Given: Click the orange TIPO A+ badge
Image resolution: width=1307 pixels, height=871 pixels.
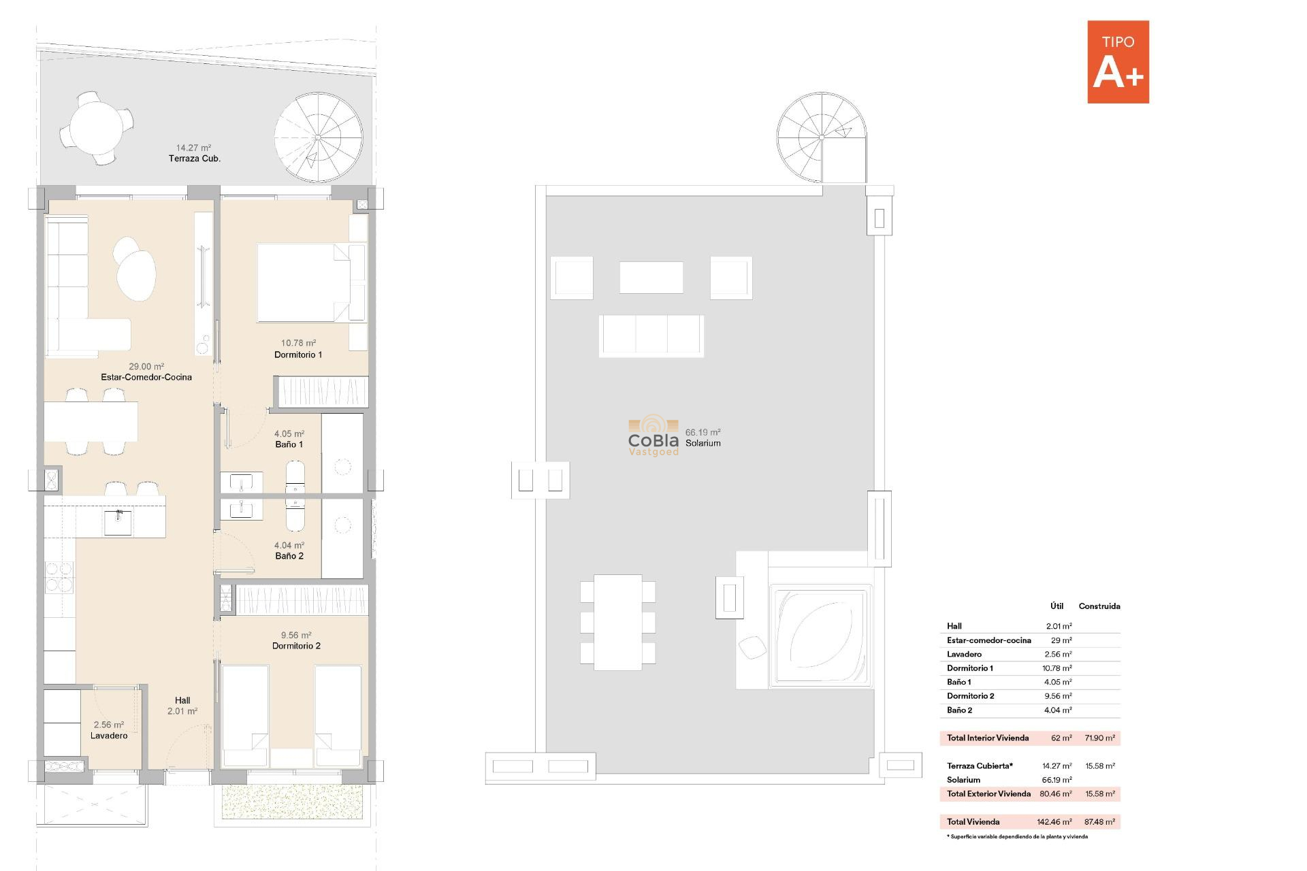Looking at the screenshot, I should pyautogui.click(x=1118, y=62).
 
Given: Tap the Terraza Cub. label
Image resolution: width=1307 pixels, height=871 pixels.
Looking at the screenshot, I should pyautogui.click(x=195, y=159).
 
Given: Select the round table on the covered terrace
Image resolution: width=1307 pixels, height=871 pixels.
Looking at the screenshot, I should pyautogui.click(x=96, y=129).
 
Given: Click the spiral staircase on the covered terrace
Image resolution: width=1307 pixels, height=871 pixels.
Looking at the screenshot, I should pyautogui.click(x=318, y=137).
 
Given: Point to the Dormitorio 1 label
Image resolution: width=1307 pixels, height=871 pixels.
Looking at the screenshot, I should pyautogui.click(x=298, y=355).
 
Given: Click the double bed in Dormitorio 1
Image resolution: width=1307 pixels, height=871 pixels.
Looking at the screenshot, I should pyautogui.click(x=303, y=282).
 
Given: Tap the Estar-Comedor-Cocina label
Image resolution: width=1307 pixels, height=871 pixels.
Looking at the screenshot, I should pyautogui.click(x=146, y=377).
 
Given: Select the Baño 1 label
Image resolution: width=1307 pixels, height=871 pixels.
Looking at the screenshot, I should pyautogui.click(x=289, y=444).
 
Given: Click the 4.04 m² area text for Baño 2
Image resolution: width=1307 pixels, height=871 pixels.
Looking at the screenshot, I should pyautogui.click(x=289, y=545).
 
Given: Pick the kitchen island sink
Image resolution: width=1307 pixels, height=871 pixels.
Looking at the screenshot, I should pyautogui.click(x=118, y=523).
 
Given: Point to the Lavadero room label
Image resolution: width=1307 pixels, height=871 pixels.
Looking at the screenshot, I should pyautogui.click(x=109, y=736).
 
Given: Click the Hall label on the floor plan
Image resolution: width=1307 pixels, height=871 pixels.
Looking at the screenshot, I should pyautogui.click(x=182, y=700).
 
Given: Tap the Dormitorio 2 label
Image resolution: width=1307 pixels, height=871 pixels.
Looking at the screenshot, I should pyautogui.click(x=296, y=646).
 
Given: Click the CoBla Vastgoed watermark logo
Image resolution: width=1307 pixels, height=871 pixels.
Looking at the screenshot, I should pyautogui.click(x=653, y=437).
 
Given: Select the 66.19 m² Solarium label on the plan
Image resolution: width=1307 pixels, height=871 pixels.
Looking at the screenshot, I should pyautogui.click(x=703, y=438).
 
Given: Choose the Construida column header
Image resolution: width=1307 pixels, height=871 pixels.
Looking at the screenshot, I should pyautogui.click(x=1099, y=606).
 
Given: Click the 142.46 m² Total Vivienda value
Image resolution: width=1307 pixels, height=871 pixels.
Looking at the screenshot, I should pyautogui.click(x=1054, y=822).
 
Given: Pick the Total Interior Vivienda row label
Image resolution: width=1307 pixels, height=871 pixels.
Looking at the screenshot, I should pyautogui.click(x=987, y=738).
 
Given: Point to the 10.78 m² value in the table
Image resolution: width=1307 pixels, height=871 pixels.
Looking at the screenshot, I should pyautogui.click(x=1056, y=668).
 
